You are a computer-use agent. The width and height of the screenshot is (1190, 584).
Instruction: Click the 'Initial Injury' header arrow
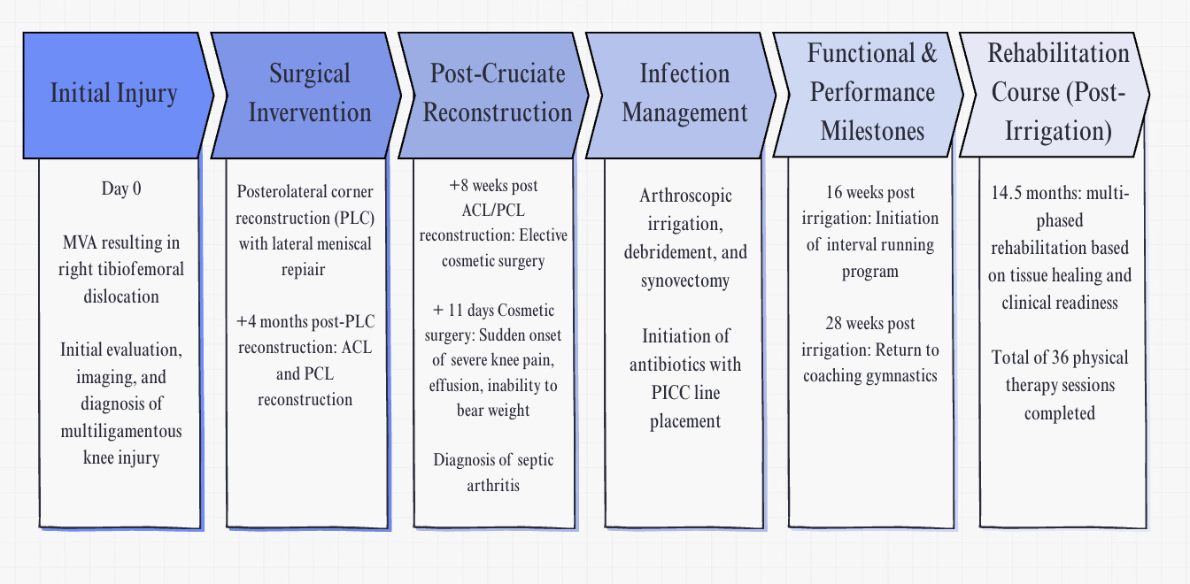point(114,95)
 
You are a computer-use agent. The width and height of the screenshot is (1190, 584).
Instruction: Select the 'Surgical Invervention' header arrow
point(309,94)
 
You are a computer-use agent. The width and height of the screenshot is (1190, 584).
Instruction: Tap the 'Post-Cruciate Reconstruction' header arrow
point(497,94)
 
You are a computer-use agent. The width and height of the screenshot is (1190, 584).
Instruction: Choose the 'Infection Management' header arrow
point(684,94)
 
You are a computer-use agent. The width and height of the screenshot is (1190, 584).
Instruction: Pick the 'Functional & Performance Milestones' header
point(872,93)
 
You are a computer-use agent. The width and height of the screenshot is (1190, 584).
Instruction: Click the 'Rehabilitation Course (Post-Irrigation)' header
point(1058,93)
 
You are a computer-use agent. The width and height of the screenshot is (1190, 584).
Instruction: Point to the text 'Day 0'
point(121,188)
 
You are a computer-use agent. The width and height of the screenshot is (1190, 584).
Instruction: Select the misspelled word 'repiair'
point(305,269)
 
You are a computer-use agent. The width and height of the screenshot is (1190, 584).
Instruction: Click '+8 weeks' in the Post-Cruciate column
point(477,186)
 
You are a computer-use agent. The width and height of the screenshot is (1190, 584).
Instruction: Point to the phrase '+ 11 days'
point(463,311)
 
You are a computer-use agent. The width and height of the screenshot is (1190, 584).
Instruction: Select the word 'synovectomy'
point(685,281)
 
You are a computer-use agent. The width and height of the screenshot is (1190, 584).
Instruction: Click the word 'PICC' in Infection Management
point(658,393)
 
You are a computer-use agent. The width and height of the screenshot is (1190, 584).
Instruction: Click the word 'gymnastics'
point(901,376)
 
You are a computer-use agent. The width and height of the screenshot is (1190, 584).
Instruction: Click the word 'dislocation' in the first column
point(121,296)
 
